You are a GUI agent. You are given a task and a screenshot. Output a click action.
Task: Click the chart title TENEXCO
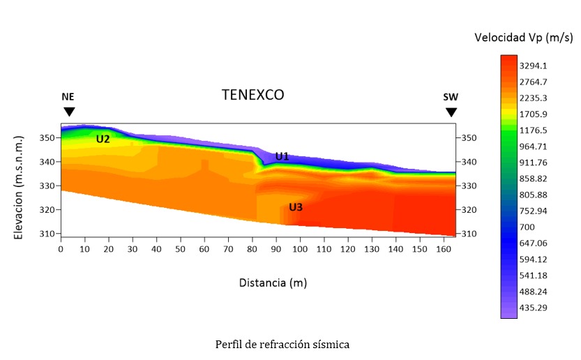[252, 95]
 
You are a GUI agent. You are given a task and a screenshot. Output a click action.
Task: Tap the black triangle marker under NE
[68, 112]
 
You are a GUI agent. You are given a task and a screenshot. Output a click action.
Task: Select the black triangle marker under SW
[451, 112]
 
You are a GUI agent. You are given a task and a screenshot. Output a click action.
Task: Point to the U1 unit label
[282, 156]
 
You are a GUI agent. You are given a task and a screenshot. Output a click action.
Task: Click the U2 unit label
[103, 139]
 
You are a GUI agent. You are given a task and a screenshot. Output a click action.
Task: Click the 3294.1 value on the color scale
[533, 66]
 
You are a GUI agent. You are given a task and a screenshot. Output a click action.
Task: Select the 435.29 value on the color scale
[533, 308]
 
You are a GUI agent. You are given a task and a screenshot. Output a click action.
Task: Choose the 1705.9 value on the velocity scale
[533, 114]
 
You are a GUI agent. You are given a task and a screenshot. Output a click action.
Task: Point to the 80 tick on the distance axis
[252, 248]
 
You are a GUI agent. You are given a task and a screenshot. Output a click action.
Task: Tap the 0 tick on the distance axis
[61, 248]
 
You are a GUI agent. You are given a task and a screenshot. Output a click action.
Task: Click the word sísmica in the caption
[330, 344]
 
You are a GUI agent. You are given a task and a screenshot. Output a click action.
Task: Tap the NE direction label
[68, 97]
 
